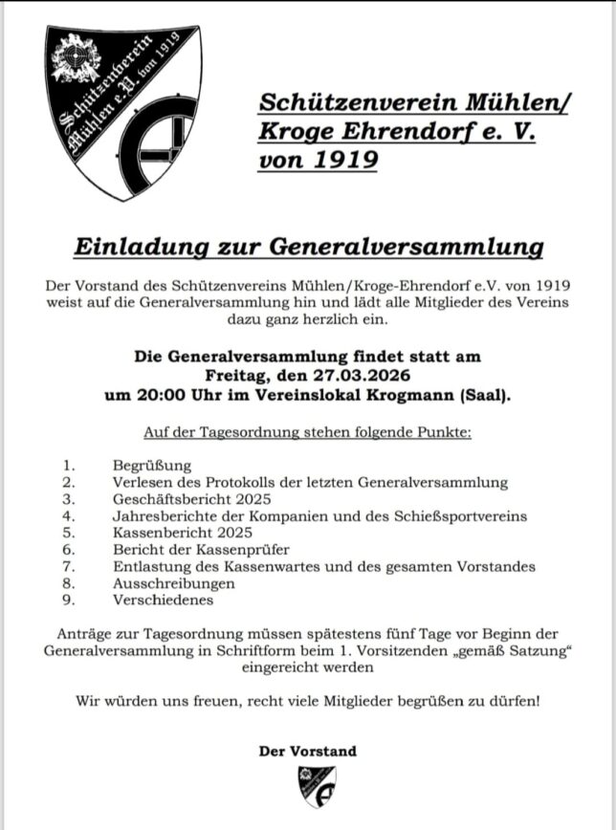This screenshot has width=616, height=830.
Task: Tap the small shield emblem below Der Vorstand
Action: coord(308,786)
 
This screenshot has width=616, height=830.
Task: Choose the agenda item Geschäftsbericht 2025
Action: coord(191,498)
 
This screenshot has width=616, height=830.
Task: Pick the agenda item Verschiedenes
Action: coord(163,601)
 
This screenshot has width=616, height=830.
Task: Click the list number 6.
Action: coord(68,550)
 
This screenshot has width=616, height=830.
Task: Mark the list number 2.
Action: coord(68,482)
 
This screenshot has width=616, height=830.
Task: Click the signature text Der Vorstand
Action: coord(308,751)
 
